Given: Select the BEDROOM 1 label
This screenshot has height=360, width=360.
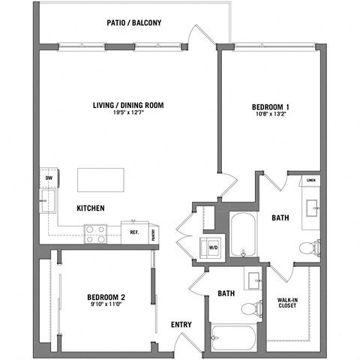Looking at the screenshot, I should (x=270, y=107).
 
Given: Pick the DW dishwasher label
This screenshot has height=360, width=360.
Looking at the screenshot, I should (x=49, y=178).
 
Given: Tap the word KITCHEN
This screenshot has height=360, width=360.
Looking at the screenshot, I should (x=90, y=208).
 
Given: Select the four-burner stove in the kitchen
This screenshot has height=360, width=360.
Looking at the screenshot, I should (x=95, y=234).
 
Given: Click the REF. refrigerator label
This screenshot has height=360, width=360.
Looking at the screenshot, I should (x=135, y=232).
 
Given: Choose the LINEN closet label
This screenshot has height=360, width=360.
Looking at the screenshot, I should (x=311, y=181).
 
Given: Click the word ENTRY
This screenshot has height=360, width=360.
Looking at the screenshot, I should (x=181, y=325).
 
